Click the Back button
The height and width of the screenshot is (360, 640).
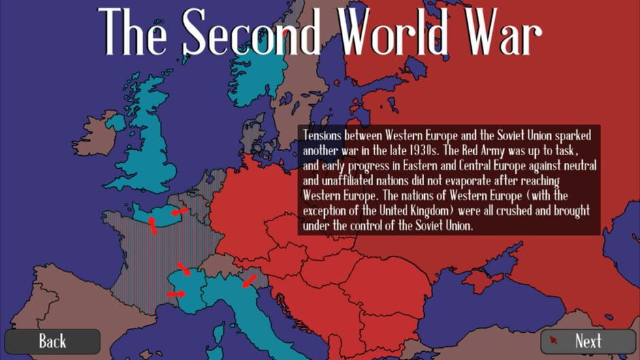pyautogui.click(x=52, y=341)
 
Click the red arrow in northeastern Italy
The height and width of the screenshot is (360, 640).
pyautogui.click(x=249, y=280)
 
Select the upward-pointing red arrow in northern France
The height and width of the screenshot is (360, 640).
pyautogui.click(x=153, y=227)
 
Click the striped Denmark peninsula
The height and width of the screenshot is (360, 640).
pyautogui.click(x=253, y=133)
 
